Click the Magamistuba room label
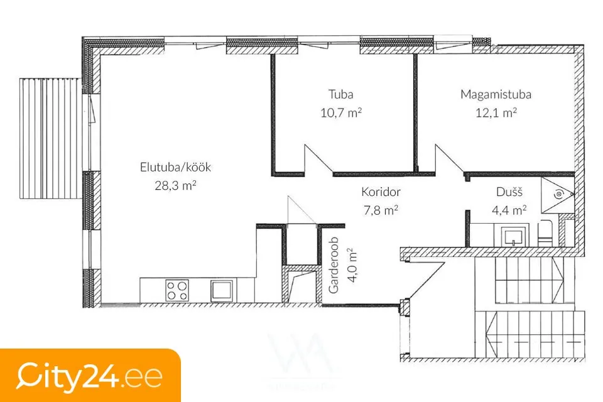(x=496, y=94)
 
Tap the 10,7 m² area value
(x=341, y=112)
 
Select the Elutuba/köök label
(x=175, y=167)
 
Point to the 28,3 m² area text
(x=175, y=185)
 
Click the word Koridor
(x=381, y=192)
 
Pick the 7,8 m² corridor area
(x=381, y=210)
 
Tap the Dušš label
(x=509, y=192)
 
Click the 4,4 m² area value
(x=509, y=210)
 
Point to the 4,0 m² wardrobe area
(x=352, y=266)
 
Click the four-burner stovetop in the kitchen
(x=177, y=290)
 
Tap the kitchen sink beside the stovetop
(x=222, y=290)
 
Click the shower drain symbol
(x=558, y=195)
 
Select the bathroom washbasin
(x=514, y=235)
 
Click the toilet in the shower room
(x=545, y=233)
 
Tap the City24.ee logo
(x=89, y=376)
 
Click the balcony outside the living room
(x=50, y=138)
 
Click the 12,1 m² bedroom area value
(x=496, y=112)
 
